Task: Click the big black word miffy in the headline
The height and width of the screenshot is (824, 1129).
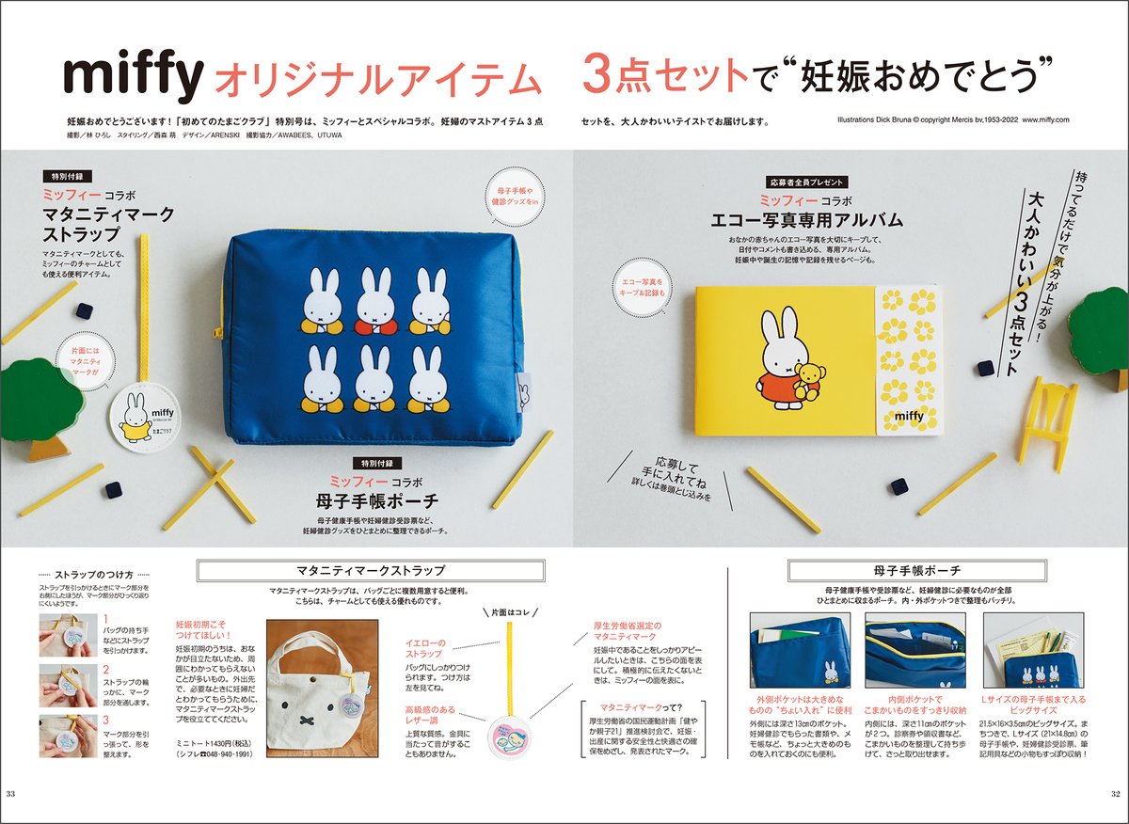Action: pyautogui.click(x=132, y=79)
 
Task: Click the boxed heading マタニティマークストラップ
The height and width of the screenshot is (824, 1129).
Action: pyautogui.click(x=370, y=571)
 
